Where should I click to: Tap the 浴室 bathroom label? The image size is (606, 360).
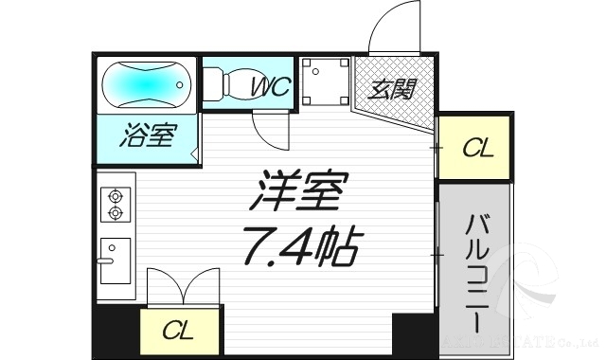point(148,136)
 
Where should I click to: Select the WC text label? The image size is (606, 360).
point(271,88)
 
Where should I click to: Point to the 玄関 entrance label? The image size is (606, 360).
point(392,90)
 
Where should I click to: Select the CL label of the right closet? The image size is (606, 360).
point(476,148)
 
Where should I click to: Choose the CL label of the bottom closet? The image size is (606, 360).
point(177,331)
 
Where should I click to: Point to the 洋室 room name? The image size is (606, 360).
point(296,193)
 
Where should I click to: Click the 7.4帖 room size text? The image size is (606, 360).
point(299,247)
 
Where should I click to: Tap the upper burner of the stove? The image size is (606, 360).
point(116,195)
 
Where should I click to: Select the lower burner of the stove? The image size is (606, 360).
point(116,213)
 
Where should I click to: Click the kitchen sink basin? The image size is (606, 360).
point(115,261)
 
